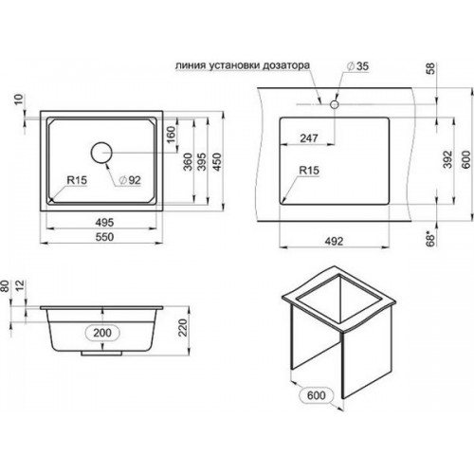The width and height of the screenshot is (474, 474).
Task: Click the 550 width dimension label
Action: tap(104, 237)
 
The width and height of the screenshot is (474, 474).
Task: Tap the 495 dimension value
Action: tap(104, 223)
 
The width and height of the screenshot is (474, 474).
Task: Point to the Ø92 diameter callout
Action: tap(130, 180)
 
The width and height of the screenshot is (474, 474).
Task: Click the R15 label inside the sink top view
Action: tap(77, 180)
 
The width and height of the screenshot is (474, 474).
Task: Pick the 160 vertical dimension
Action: tap(171, 135)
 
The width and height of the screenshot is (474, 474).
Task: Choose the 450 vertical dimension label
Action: tap(217, 162)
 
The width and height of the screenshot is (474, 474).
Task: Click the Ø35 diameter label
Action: tap(357, 66)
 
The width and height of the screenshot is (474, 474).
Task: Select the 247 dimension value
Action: tap(309, 138)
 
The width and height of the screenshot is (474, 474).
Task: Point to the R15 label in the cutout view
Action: tap(309, 171)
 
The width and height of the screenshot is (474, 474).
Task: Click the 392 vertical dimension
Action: tap(448, 159)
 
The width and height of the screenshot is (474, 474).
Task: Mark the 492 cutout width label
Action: tap(334, 241)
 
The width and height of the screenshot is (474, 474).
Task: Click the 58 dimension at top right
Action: tap(430, 68)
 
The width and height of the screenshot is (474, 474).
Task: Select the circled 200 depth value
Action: tap(102, 333)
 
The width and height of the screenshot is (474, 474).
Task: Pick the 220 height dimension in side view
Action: tap(183, 327)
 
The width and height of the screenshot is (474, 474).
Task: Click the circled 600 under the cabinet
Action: tap(316, 395)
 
